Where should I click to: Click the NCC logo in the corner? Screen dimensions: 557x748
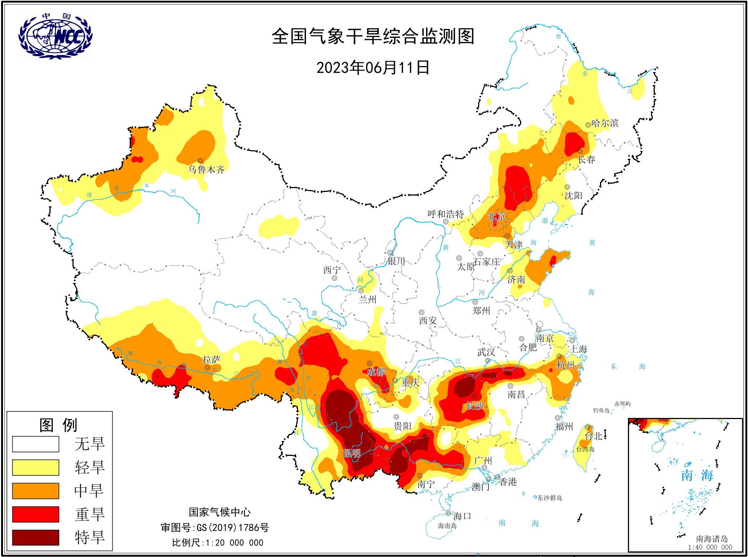55,36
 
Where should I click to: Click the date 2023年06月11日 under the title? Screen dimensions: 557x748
373,68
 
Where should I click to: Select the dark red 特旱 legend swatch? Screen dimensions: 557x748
36,537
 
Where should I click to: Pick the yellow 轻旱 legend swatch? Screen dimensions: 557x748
36,467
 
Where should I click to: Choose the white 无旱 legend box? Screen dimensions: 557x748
36,444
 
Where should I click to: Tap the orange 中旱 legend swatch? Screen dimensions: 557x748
36,491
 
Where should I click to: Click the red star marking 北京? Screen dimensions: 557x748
495,224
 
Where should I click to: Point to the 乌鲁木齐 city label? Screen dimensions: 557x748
206,170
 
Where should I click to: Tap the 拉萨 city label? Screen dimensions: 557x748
212,360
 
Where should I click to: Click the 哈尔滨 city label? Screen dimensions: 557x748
605,123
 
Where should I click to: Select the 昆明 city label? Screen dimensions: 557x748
352,453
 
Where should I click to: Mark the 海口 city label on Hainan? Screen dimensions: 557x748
462,516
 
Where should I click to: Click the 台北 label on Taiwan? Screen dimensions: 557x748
593,436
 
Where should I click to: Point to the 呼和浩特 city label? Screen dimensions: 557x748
446,214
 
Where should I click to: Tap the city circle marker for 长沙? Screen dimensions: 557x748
475,396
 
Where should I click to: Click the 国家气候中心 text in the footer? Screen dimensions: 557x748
220,512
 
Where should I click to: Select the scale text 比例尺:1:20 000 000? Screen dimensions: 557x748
217,542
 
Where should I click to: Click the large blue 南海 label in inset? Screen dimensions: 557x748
697,475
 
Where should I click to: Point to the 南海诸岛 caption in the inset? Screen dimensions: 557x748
712,538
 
